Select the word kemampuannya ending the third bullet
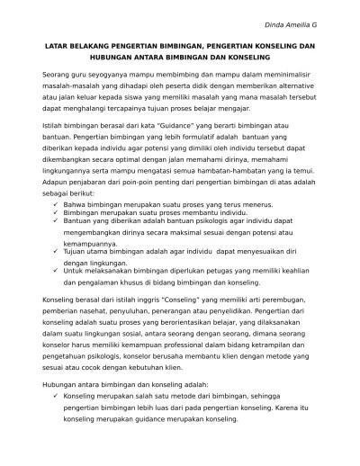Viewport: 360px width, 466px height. point(94,243)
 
